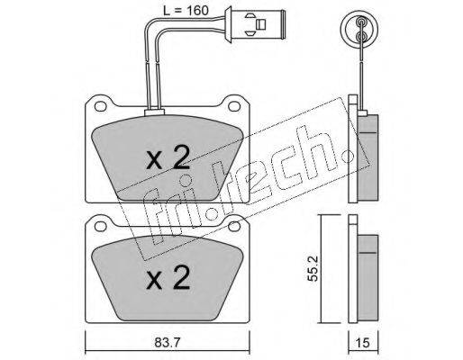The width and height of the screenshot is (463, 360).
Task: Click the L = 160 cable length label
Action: click(x=186, y=11)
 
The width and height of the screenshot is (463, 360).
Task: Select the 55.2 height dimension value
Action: click(x=313, y=268)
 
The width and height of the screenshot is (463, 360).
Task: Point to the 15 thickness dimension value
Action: click(x=363, y=343)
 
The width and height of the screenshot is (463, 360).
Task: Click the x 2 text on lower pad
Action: click(x=168, y=277)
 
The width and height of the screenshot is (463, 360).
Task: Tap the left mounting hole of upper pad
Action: click(x=100, y=106)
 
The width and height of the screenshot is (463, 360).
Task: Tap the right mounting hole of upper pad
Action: click(x=233, y=106)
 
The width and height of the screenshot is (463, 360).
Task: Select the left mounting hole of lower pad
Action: click(x=100, y=227)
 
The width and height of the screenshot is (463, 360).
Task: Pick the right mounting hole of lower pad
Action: click(x=233, y=227)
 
